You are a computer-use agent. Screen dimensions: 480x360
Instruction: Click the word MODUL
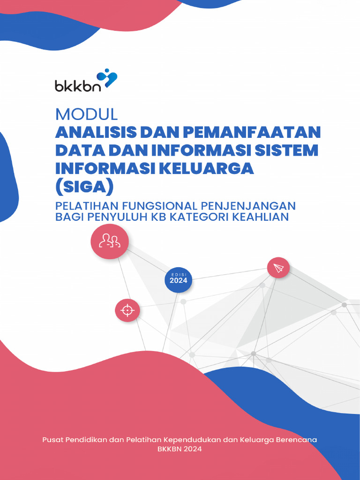[86, 114]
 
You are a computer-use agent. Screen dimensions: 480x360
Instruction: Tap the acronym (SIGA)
[85, 187]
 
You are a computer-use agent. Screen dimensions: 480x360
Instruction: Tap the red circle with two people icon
[110, 241]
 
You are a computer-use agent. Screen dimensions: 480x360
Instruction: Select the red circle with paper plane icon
[278, 268]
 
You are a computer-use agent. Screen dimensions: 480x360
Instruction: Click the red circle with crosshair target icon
[127, 310]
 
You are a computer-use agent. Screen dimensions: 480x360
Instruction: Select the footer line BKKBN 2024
[180, 449]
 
